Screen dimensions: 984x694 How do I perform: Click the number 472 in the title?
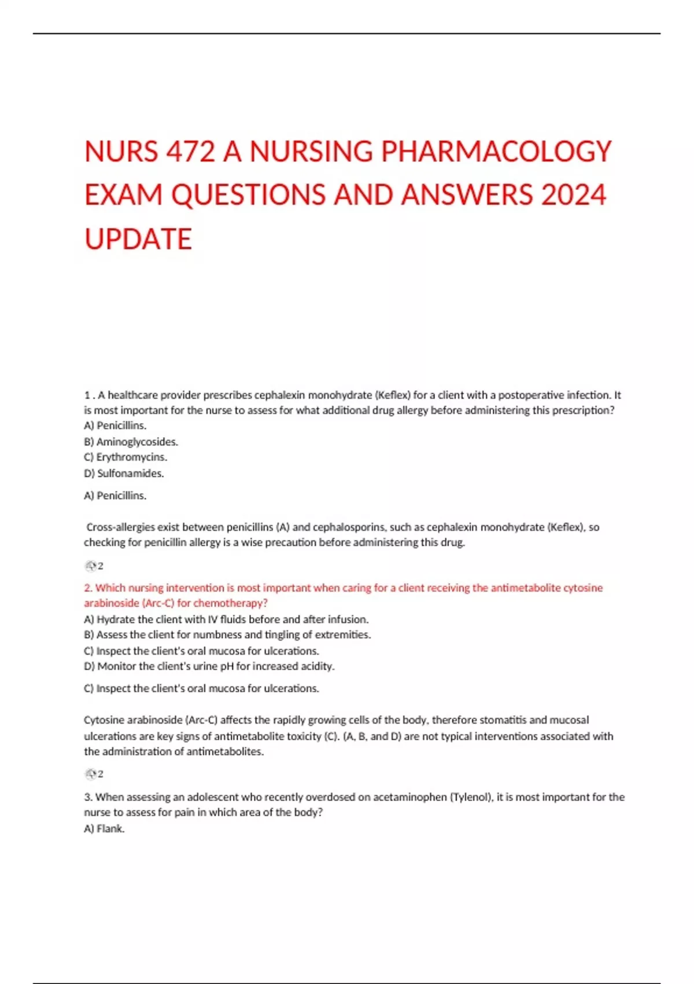pyautogui.click(x=190, y=152)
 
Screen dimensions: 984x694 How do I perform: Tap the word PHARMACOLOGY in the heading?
pyautogui.click(x=496, y=152)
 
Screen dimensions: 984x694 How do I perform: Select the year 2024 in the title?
pyautogui.click(x=573, y=195)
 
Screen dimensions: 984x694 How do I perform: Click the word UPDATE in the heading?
pyautogui.click(x=138, y=239)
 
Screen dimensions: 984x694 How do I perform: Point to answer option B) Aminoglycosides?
pyautogui.click(x=131, y=442)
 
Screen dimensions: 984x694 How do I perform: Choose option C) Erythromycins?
pyautogui.click(x=125, y=457)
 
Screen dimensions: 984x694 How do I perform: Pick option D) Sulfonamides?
pyautogui.click(x=124, y=473)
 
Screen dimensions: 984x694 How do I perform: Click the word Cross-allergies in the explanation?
pyautogui.click(x=121, y=527)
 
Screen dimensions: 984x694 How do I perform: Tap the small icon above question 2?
pyautogui.click(x=91, y=566)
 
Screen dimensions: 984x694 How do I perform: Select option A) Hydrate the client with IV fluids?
pyautogui.click(x=226, y=619)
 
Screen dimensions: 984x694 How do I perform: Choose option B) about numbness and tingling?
pyautogui.click(x=227, y=635)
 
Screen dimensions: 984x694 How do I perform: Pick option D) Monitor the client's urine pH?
pyautogui.click(x=209, y=666)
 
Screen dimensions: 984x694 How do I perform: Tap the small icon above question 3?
pyautogui.click(x=91, y=774)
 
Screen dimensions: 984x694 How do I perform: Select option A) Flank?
pyautogui.click(x=104, y=829)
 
